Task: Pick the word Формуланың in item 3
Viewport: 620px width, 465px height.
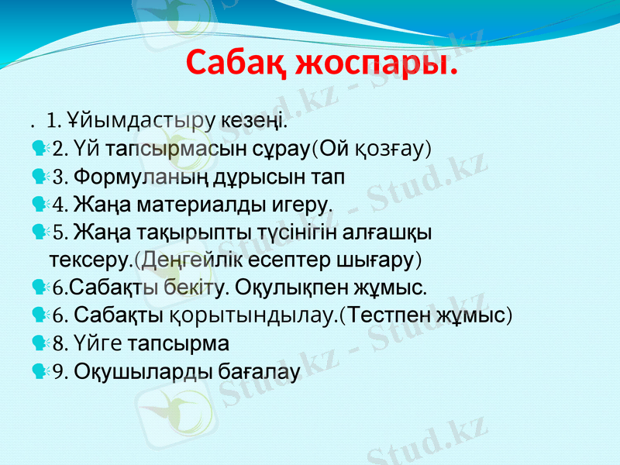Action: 127,176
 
